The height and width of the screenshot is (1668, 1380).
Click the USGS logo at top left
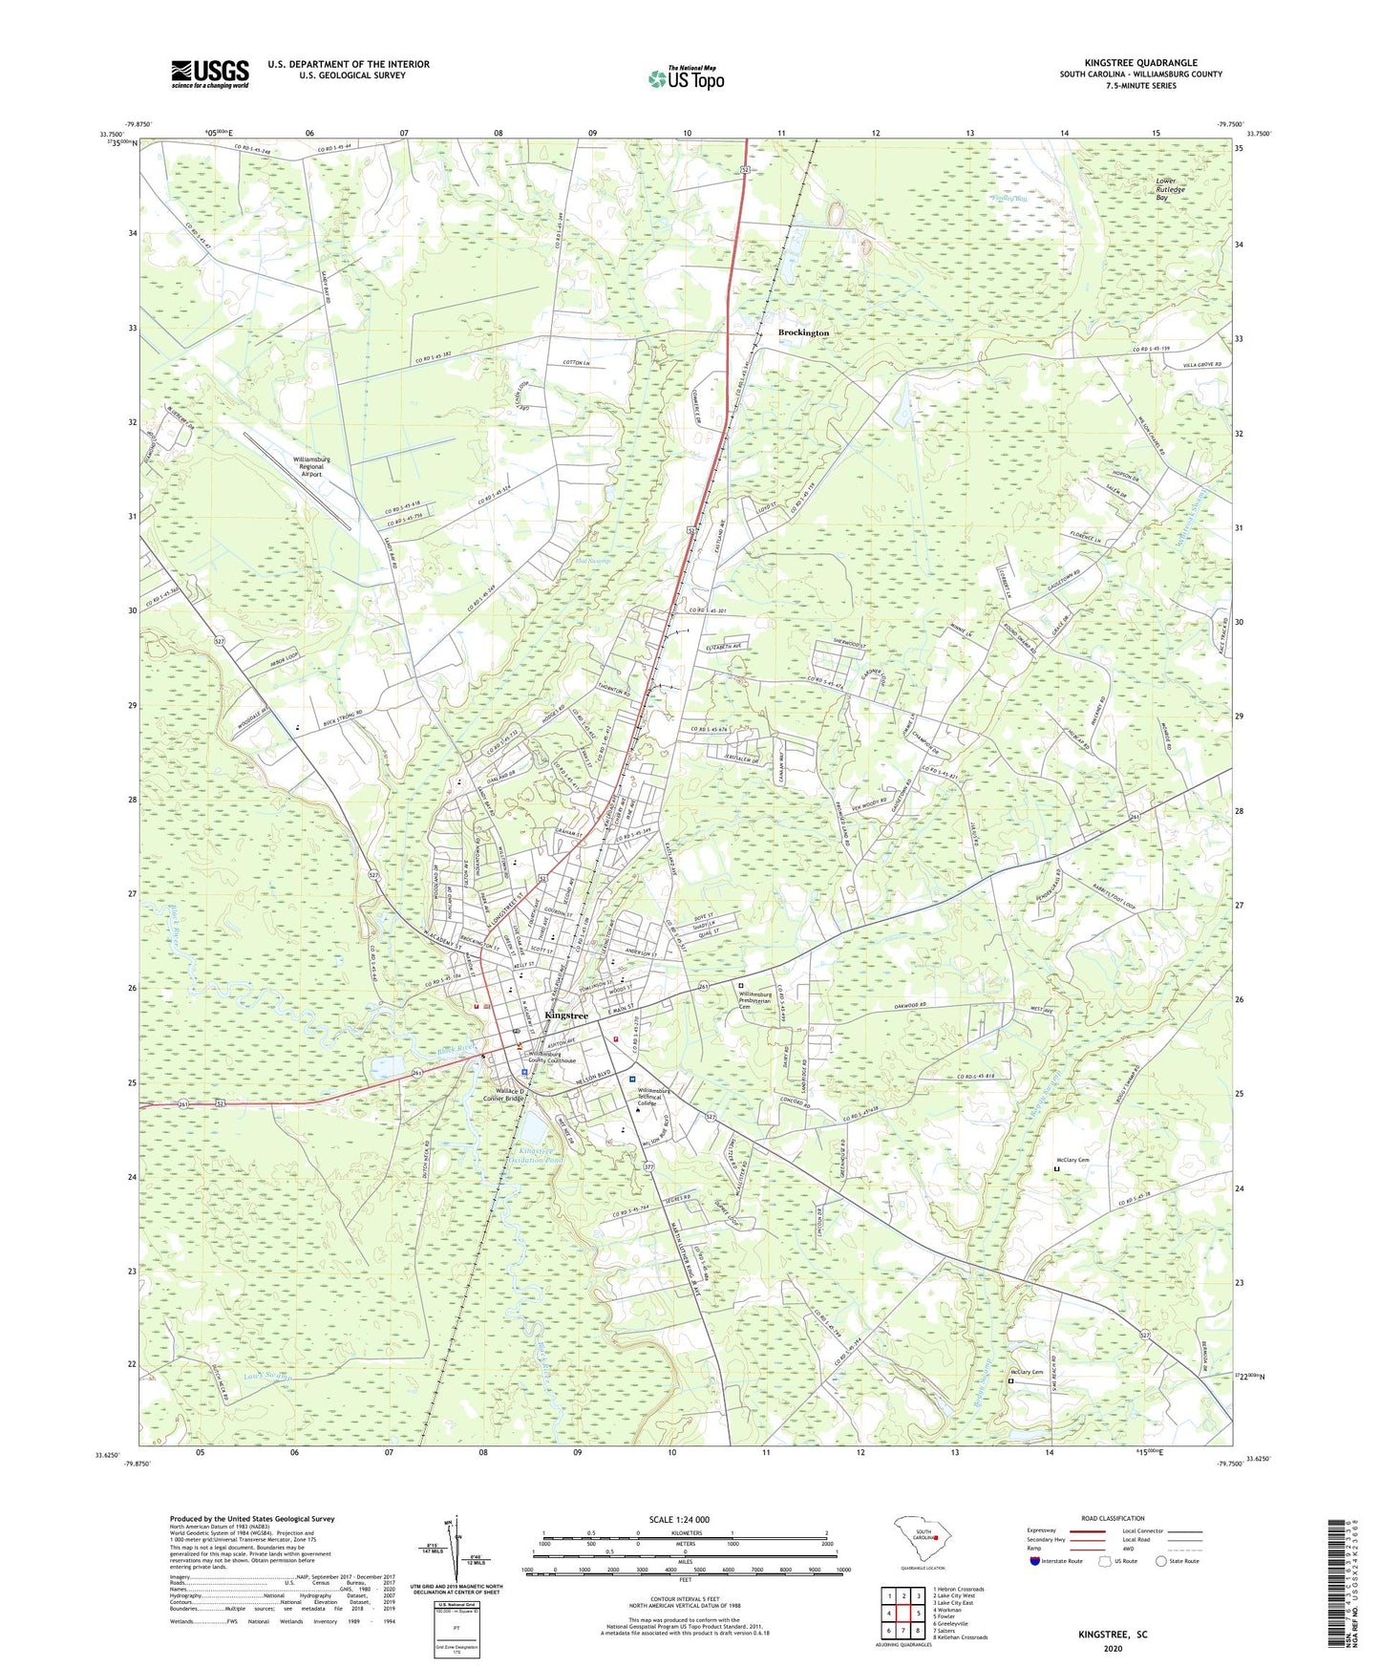pyautogui.click(x=210, y=75)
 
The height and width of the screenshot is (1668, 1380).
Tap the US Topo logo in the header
pyautogui.click(x=685, y=78)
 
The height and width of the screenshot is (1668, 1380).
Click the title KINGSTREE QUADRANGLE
pyautogui.click(x=1140, y=63)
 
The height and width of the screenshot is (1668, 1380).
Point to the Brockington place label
pyautogui.click(x=803, y=332)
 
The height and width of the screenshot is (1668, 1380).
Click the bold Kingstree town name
pyautogui.click(x=565, y=1015)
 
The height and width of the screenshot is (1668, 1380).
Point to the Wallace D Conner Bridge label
pyautogui.click(x=510, y=1098)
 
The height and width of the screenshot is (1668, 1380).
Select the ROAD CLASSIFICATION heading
pyautogui.click(x=1112, y=1518)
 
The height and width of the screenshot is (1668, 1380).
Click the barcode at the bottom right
pyautogui.click(x=1337, y=1586)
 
